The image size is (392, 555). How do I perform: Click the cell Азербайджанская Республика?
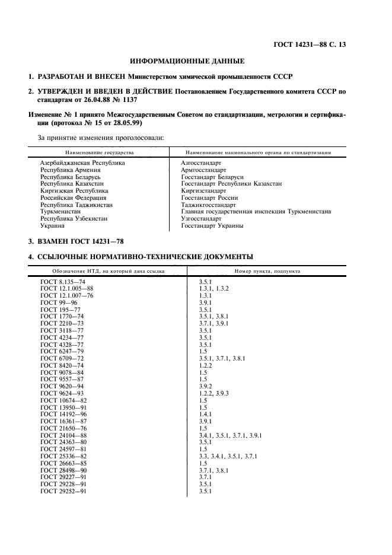coord(82,162)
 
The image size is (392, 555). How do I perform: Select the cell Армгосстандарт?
coord(201,170)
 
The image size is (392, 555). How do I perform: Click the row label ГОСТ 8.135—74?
coord(63,280)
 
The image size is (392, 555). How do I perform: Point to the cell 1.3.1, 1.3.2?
coord(213,288)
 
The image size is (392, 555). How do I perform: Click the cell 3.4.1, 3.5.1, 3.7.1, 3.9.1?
coord(231,435)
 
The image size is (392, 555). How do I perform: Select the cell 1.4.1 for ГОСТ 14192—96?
coord(206,413)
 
